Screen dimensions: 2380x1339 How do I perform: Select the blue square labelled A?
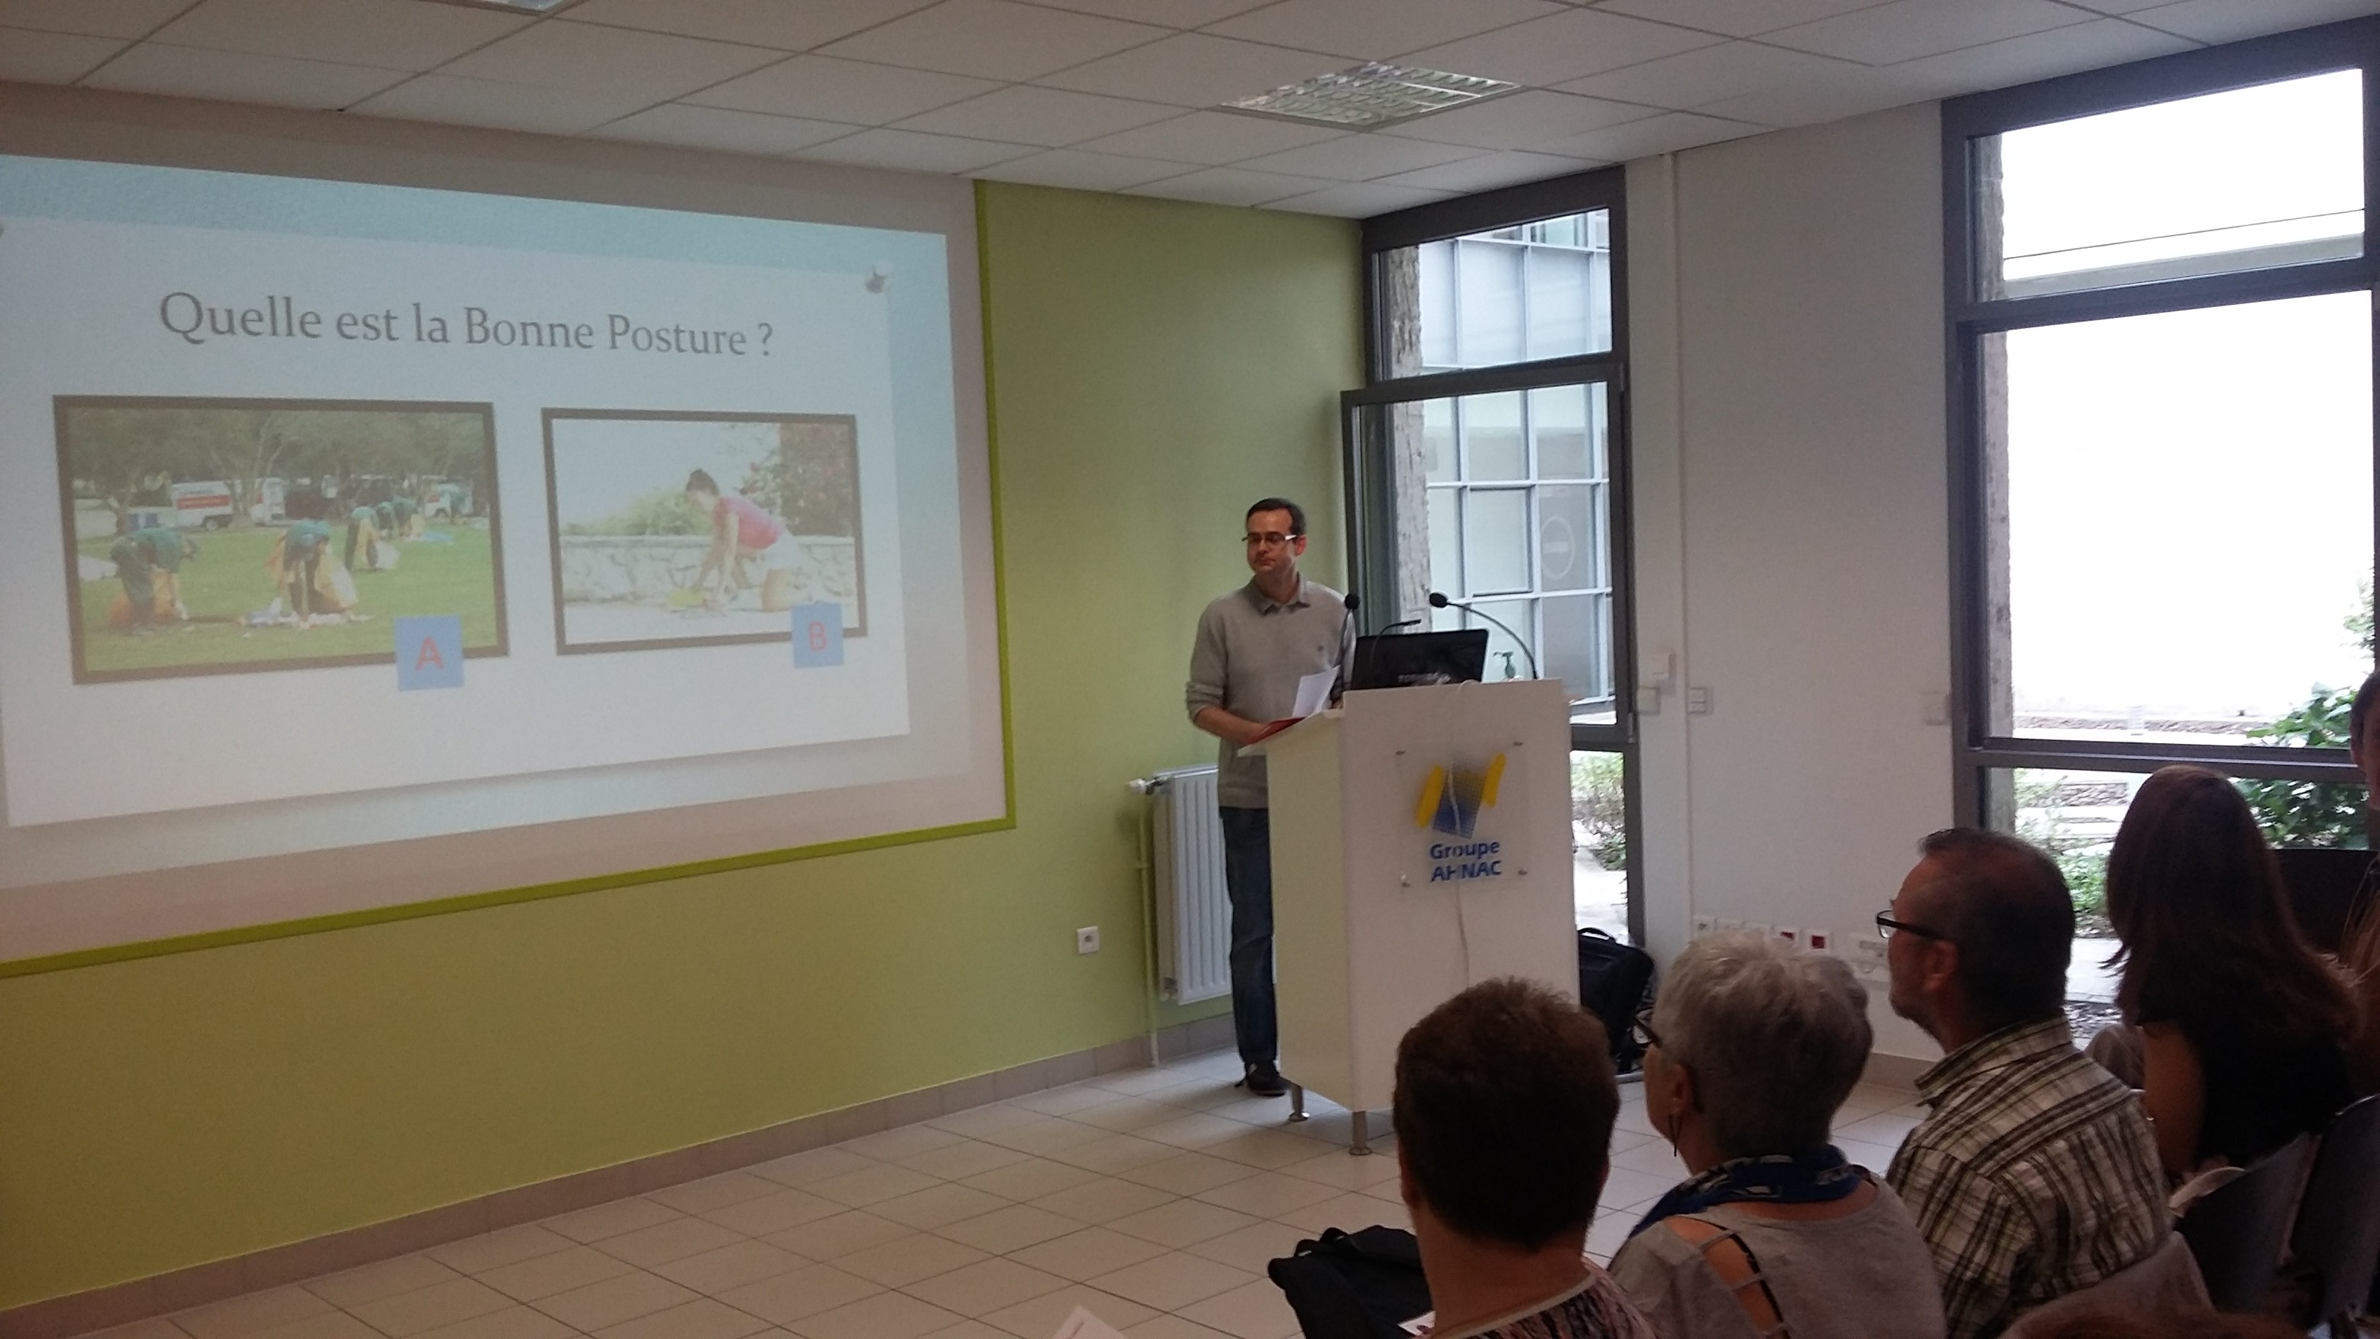point(429,653)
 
